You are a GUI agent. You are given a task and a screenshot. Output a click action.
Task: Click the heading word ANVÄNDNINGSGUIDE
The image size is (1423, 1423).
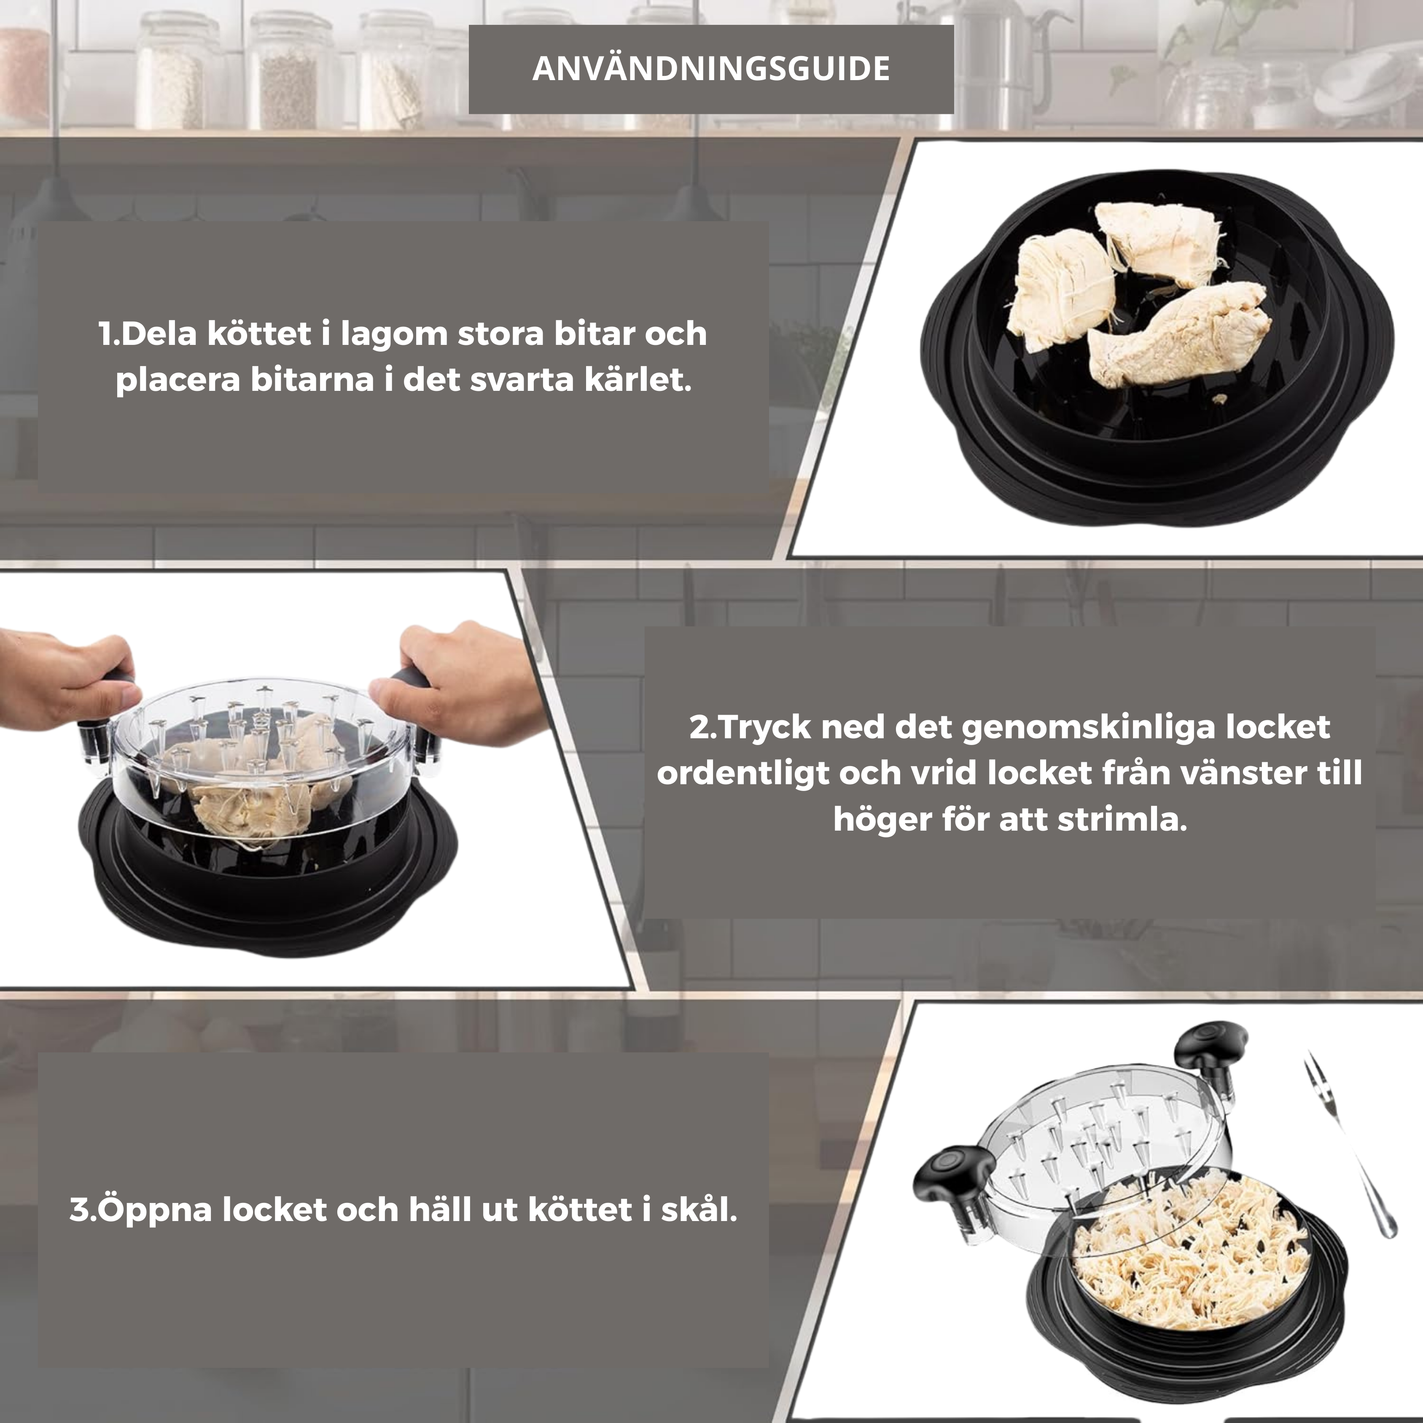click(x=711, y=68)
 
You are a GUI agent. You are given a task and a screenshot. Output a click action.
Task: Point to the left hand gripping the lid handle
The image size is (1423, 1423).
click(x=66, y=674)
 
